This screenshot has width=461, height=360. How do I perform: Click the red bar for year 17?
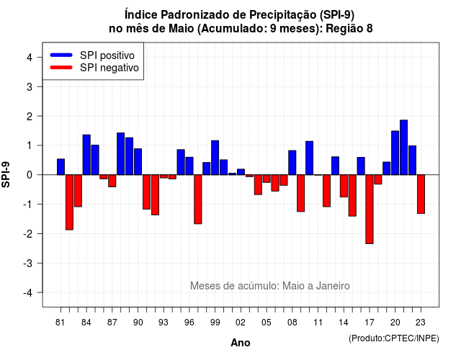[x=370, y=209]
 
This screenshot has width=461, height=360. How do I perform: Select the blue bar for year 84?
[x=86, y=155]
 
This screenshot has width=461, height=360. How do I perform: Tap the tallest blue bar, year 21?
[x=403, y=148]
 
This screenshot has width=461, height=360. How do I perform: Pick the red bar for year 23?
[x=421, y=194]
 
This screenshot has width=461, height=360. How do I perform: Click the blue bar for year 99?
[x=215, y=158]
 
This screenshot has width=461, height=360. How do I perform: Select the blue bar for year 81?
[x=61, y=167]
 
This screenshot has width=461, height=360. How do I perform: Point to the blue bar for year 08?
[x=292, y=163]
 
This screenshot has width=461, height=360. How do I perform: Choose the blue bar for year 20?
[x=395, y=153]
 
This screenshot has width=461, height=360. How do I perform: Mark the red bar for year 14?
[x=344, y=186]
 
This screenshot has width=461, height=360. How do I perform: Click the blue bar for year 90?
[x=138, y=161]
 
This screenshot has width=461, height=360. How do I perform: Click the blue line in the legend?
[x=61, y=55]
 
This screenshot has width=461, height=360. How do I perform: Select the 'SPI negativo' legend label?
[x=109, y=68]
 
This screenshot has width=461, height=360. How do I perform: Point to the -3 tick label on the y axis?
[x=28, y=263]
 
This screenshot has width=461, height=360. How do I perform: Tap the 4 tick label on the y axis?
[x=30, y=58]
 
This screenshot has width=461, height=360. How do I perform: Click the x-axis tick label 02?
[x=241, y=323]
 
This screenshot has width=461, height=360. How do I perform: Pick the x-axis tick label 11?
[x=318, y=323]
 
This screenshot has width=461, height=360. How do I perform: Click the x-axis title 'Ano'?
[x=241, y=343]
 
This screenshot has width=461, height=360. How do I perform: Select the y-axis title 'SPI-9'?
[x=6, y=174]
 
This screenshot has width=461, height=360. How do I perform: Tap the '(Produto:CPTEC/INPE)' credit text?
[x=394, y=338]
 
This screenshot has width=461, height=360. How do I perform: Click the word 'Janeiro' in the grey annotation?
[x=333, y=286]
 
